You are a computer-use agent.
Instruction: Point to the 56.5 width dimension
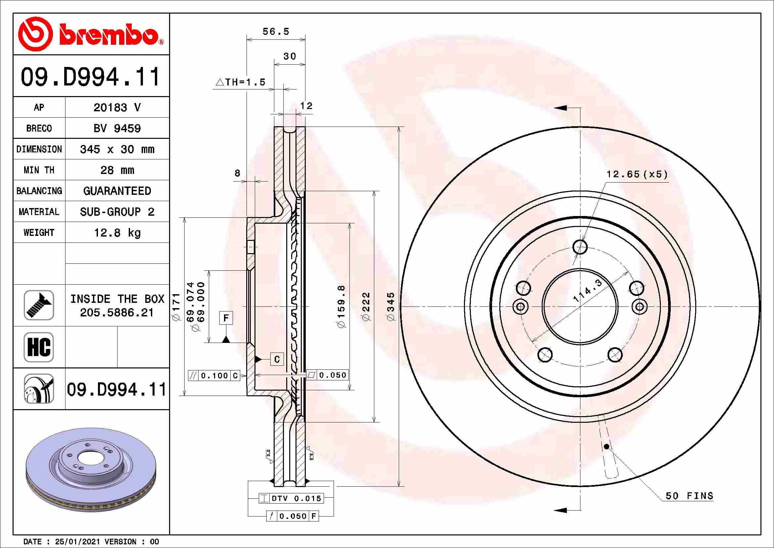click(x=276, y=32)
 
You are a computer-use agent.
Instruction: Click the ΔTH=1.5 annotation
click(x=240, y=82)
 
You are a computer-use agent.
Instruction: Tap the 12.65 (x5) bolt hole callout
click(x=636, y=175)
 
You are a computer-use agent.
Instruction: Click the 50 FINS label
click(x=689, y=496)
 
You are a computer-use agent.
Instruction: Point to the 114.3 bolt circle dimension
click(x=588, y=291)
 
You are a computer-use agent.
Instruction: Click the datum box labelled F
click(x=226, y=318)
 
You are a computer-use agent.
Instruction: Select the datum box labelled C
click(x=277, y=359)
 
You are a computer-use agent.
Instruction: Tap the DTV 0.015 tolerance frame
click(x=291, y=498)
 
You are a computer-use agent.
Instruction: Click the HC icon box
click(x=39, y=347)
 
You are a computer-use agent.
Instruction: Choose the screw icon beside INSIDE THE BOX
click(x=39, y=305)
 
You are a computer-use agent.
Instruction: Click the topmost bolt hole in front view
click(x=580, y=247)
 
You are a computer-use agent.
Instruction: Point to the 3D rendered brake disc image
click(x=91, y=469)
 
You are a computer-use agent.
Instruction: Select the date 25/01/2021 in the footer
click(x=77, y=542)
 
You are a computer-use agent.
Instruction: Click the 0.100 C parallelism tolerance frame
click(x=214, y=376)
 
